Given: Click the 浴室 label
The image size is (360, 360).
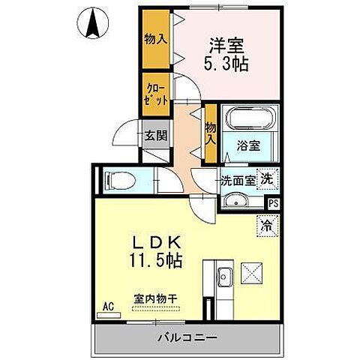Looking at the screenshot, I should pos(249,145).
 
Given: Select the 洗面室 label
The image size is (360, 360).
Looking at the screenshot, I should pos(237,181).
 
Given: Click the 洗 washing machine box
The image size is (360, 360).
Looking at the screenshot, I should pos(267,179).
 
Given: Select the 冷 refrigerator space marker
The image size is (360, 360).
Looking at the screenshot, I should pos(267,223).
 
